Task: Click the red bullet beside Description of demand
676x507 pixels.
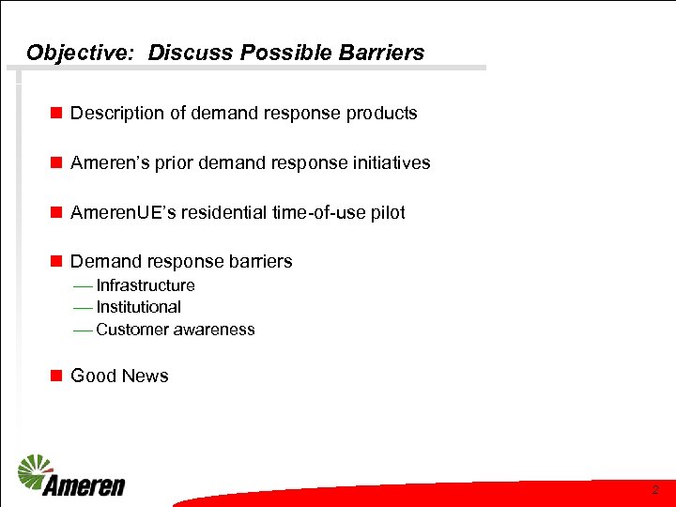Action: (x=56, y=114)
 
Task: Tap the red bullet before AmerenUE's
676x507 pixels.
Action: (x=56, y=213)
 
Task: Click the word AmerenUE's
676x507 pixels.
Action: (x=121, y=213)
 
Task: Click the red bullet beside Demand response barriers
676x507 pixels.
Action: (x=56, y=262)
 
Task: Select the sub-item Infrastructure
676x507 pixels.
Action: (x=146, y=285)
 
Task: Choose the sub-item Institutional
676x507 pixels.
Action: (x=139, y=307)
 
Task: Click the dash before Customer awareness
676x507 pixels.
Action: (x=82, y=330)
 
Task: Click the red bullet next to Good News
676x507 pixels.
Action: (x=56, y=376)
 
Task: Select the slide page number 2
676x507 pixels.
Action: (x=654, y=490)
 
